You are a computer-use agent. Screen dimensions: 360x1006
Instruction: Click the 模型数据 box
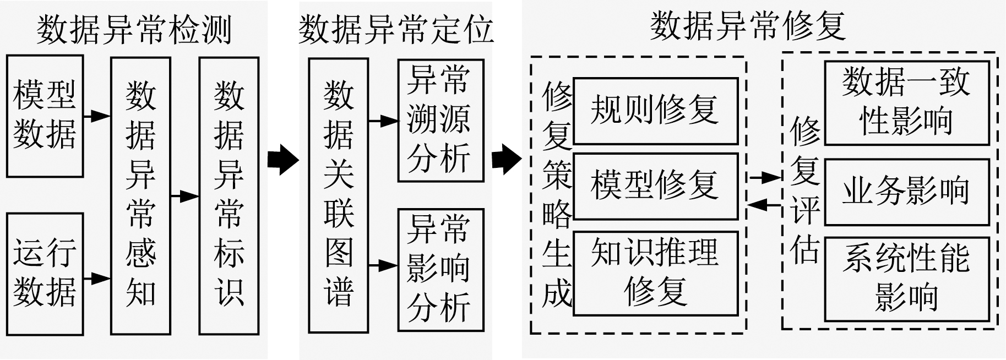(45, 116)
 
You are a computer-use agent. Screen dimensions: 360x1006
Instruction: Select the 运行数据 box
(45, 274)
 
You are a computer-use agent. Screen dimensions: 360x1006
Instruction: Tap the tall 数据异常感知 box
(140, 195)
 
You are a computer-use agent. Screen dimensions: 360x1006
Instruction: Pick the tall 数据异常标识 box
(229, 195)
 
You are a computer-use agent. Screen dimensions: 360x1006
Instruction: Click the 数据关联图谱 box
(338, 195)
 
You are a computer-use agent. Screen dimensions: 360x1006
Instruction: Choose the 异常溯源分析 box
(441, 121)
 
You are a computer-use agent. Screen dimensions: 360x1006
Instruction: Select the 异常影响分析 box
(441, 269)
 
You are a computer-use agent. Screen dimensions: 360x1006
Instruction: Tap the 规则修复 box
(655, 111)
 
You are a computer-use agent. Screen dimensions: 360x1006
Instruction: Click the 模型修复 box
(655, 186)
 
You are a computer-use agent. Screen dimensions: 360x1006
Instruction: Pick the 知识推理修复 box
(655, 273)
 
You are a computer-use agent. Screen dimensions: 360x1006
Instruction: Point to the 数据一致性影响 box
(906, 103)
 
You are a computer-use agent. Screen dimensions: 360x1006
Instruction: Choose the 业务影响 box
(906, 192)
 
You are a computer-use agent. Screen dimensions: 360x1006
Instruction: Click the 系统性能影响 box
(906, 279)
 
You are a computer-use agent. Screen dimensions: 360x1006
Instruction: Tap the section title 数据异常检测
(134, 30)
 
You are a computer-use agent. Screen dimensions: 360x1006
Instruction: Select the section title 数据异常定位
(395, 30)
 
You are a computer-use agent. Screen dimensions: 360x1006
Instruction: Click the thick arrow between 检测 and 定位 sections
(282, 160)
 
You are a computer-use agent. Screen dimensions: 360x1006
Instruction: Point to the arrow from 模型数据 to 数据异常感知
(97, 116)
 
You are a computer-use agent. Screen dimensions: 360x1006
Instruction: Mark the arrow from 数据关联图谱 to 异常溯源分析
(383, 121)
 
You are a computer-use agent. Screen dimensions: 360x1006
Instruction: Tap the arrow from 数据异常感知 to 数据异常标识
(185, 196)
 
